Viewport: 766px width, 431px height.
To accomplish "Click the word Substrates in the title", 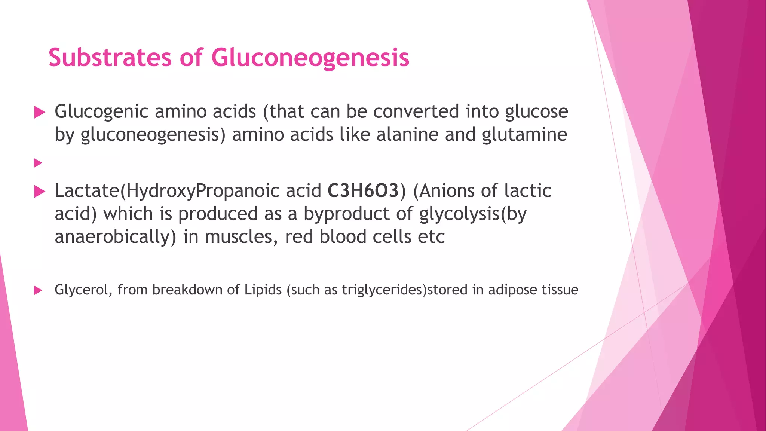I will [110, 58].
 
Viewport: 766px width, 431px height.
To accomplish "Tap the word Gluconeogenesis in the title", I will [310, 58].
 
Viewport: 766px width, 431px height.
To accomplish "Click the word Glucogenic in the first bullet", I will [101, 112].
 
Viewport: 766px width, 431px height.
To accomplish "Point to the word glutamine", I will [524, 135].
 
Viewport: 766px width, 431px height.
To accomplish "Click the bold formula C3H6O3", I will [363, 191].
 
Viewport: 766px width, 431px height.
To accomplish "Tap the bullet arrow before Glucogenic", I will [39, 112].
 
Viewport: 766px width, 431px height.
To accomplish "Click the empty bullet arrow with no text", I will [38, 163].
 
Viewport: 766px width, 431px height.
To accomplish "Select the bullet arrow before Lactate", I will [39, 192].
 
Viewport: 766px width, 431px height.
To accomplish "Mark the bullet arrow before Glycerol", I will [38, 290].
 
